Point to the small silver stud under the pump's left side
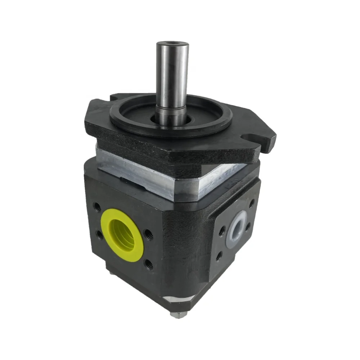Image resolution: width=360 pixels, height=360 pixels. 111,274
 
